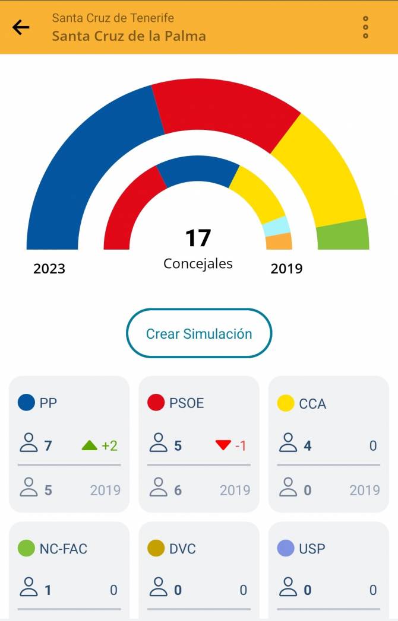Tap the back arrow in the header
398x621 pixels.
[x=21, y=27]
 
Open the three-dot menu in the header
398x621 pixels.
[x=365, y=27]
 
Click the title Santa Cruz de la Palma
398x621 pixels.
[x=129, y=36]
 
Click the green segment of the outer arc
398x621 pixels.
[x=343, y=235]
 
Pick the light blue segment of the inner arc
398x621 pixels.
[x=276, y=227]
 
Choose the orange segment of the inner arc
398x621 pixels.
[x=279, y=241]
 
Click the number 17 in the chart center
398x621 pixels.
[x=198, y=238]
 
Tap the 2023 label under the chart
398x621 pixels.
[x=49, y=269]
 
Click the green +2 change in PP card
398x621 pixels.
[x=100, y=445]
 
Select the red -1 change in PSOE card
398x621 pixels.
[x=231, y=445]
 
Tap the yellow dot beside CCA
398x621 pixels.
[x=286, y=403]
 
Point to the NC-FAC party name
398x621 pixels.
[x=63, y=549]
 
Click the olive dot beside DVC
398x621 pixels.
[x=156, y=549]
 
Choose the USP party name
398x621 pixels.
[x=312, y=549]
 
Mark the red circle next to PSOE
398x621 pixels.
[x=156, y=403]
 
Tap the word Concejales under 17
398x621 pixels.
[x=198, y=263]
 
